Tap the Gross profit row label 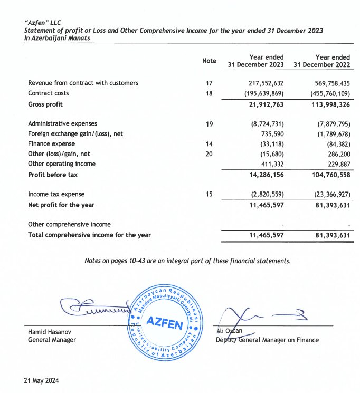pos(46,104)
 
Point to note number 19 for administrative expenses pos(209,124)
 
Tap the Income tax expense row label pos(56,194)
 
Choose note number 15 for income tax pos(209,194)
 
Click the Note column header pos(209,61)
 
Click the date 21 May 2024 pos(42,380)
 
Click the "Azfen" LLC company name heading pos(44,23)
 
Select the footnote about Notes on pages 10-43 pos(187,261)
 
